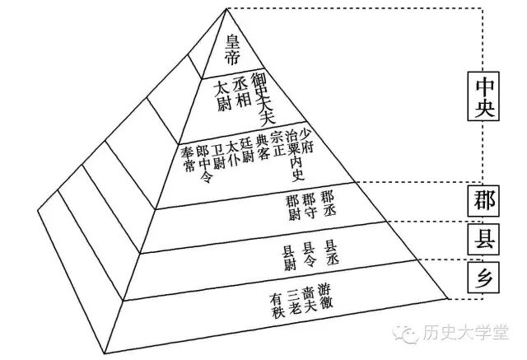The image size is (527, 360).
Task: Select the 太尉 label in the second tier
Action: pyautogui.click(x=222, y=96)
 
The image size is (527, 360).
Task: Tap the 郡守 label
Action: pyautogui.click(x=309, y=203)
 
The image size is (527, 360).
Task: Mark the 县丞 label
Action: pyautogui.click(x=330, y=250)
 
